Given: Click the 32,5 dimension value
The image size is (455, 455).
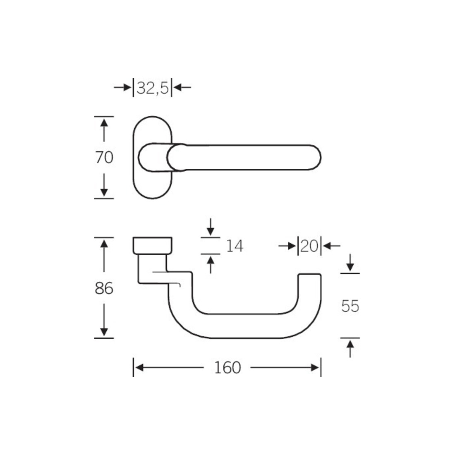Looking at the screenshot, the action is (152, 88).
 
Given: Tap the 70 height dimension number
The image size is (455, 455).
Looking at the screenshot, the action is (104, 158).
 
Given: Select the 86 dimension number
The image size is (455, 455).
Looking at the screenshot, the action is (104, 288).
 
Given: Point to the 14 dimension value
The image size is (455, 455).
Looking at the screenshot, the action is (235, 246).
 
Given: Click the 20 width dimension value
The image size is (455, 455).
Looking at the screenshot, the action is (310, 246).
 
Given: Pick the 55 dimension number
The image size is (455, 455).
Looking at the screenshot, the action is (350, 306).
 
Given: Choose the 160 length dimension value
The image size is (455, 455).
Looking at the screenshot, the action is (227, 368).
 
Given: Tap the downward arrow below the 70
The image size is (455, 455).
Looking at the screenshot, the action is (104, 185).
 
